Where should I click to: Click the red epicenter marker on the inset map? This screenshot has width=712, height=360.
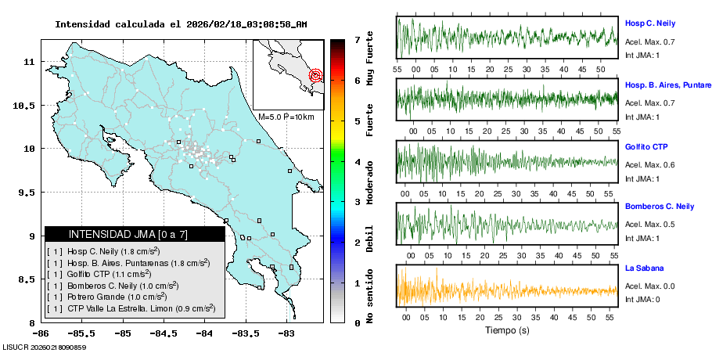tap(315, 76)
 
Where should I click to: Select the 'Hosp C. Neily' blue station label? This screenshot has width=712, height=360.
tap(650, 23)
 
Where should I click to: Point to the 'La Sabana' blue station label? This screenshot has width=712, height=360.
tap(644, 268)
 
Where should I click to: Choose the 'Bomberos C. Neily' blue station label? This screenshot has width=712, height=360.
tap(659, 207)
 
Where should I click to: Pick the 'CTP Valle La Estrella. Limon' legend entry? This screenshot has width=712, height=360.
tap(131, 308)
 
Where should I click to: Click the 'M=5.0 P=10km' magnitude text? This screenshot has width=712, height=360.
tap(286, 117)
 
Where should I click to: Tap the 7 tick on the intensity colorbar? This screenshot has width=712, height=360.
tap(357, 39)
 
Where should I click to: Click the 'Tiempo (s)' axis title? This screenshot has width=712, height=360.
tap(506, 330)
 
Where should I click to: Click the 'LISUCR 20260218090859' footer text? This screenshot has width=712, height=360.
tap(44, 347)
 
